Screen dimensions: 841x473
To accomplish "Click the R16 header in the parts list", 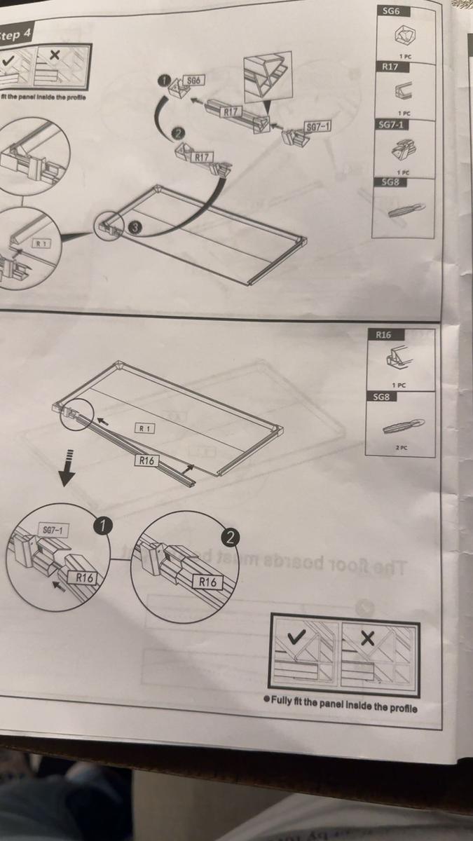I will pos(384,334).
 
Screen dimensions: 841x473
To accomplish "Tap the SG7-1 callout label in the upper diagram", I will pos(318,126).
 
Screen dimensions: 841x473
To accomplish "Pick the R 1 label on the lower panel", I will pos(144,428).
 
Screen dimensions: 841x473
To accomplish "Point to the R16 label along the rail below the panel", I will pos(146,460).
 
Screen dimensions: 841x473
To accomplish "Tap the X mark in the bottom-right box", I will pos(368,638).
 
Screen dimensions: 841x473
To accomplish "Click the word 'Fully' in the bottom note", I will pos(283,707).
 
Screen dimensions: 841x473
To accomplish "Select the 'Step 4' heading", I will pos(14,36).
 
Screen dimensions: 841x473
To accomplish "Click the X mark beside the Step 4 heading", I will pos(55,54).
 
